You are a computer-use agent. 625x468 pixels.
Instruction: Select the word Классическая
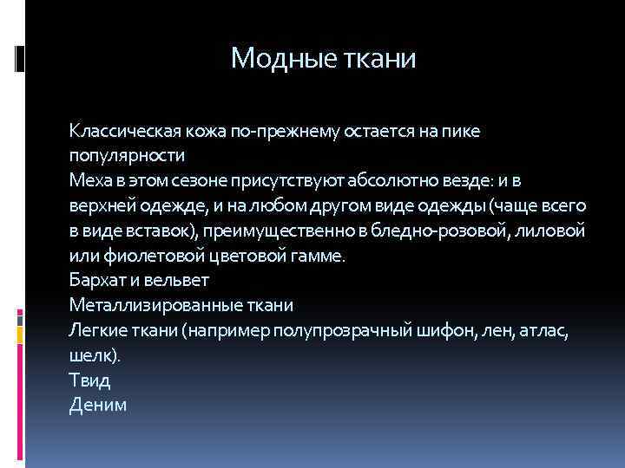coord(125,131)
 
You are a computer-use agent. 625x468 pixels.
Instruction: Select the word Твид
coord(90,380)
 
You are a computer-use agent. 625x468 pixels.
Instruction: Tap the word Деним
coord(98,405)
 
